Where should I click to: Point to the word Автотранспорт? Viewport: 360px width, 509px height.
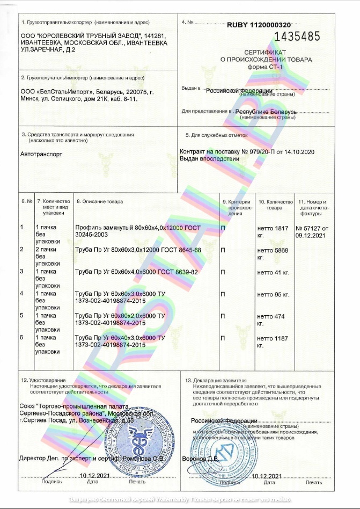point(41,154)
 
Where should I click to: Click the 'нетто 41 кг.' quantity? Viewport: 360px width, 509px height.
point(273,272)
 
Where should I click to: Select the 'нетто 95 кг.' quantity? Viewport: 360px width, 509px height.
point(273,294)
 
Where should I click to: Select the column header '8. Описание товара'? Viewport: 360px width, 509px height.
point(100,201)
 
